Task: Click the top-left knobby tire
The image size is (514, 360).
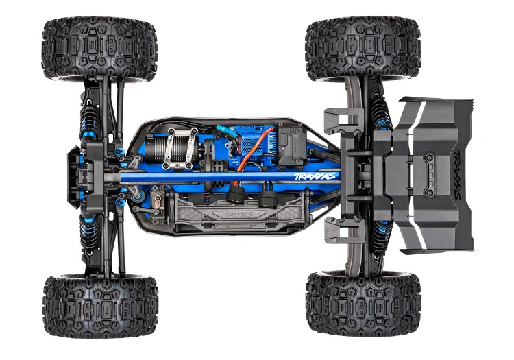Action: [x=99, y=49]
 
